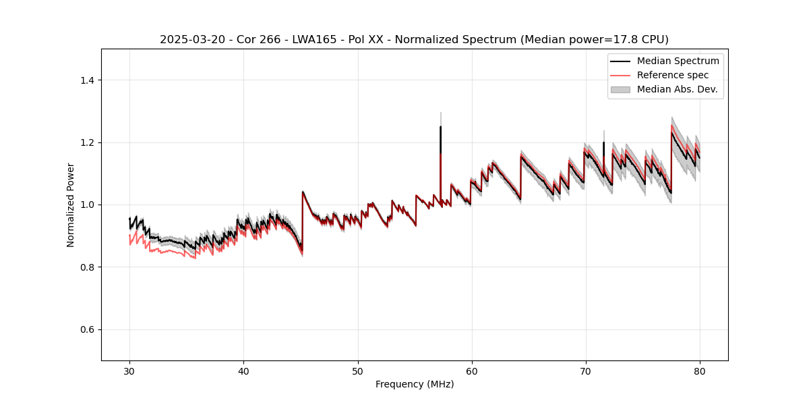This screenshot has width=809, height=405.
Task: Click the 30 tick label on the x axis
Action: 129,371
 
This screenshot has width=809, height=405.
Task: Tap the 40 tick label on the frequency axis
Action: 243,371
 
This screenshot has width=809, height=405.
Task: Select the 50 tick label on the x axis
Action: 357,371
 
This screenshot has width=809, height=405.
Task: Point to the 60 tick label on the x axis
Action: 471,371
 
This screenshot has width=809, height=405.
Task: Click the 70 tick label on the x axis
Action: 585,371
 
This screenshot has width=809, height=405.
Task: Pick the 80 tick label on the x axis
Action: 699,371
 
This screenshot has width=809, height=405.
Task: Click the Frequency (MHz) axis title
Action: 415,384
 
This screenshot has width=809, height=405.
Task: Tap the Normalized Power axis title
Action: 71,205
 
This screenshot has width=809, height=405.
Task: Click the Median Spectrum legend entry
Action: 678,61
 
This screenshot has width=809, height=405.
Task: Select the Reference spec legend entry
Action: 673,75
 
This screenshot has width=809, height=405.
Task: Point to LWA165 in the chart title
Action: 299,39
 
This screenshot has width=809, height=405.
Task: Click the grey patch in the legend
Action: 620,89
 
